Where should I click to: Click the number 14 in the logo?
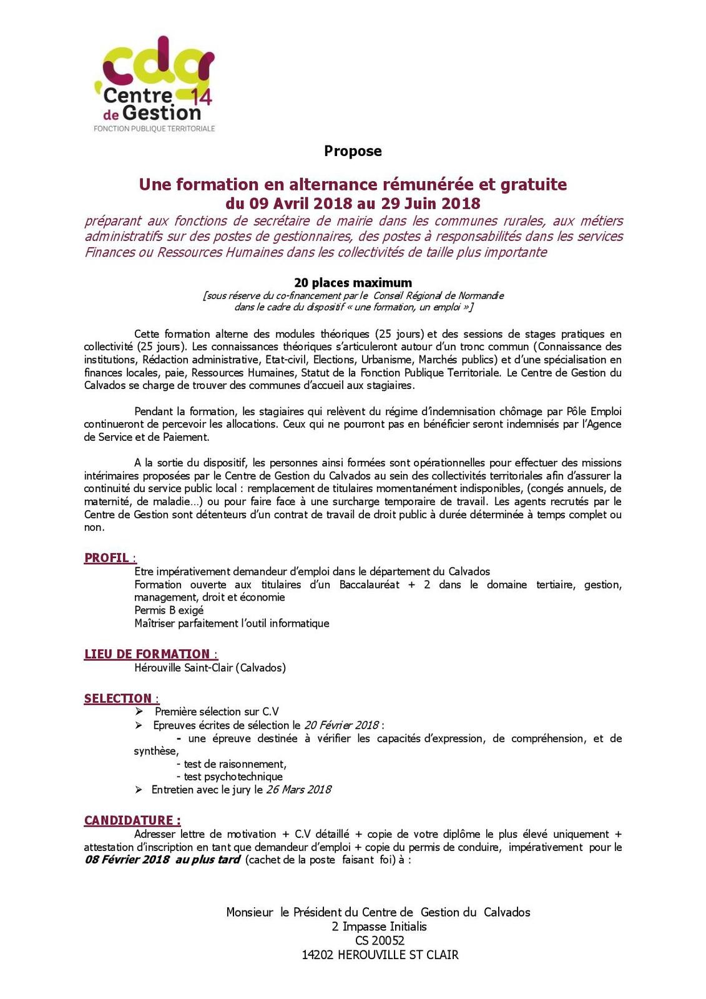click(202, 97)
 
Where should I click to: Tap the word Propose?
click(353, 151)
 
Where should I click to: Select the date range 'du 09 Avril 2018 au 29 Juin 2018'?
click(353, 204)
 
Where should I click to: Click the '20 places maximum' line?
click(353, 283)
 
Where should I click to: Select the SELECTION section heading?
click(118, 698)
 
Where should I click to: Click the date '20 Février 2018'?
click(341, 725)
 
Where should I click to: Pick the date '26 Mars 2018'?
click(298, 789)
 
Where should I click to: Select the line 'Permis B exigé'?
click(169, 610)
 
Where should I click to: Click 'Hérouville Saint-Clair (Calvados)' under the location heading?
click(210, 667)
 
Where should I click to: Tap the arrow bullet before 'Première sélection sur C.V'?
click(139, 712)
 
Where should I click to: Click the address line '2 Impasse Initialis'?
click(380, 927)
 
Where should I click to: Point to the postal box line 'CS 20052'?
click(380, 940)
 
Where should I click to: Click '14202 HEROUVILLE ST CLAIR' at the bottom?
click(380, 955)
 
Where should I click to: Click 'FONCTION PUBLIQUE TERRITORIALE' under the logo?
click(154, 129)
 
